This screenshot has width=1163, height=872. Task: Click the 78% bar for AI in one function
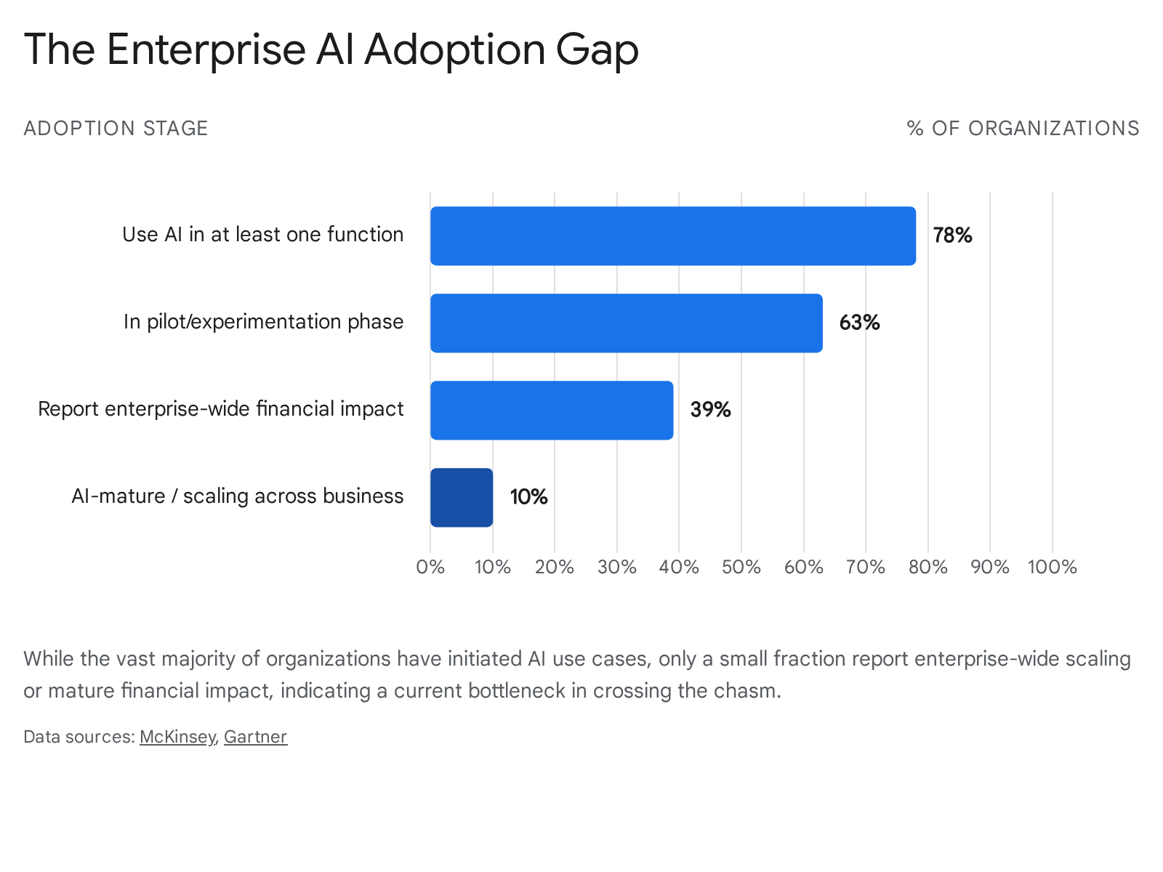click(x=673, y=235)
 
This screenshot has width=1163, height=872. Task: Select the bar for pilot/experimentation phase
click(x=627, y=323)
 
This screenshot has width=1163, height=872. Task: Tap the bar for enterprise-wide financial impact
click(x=552, y=411)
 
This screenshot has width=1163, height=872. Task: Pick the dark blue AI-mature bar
click(x=462, y=498)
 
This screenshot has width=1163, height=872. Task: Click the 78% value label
click(x=952, y=235)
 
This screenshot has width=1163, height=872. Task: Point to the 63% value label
click(x=859, y=323)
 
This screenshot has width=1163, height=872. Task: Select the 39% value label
click(x=710, y=410)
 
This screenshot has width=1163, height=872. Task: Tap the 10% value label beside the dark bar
click(x=528, y=497)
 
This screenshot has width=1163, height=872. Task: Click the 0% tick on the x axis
click(x=430, y=568)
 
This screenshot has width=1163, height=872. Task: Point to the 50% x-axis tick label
click(x=741, y=568)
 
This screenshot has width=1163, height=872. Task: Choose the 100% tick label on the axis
click(x=1053, y=568)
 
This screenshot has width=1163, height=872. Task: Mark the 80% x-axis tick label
click(x=927, y=568)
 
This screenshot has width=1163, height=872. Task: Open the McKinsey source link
click(x=177, y=737)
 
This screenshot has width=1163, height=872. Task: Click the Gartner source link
click(x=255, y=737)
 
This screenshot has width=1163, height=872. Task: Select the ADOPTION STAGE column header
click(x=116, y=129)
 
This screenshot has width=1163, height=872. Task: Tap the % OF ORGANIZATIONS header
click(x=1023, y=129)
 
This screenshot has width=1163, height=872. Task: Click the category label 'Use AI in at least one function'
click(x=263, y=235)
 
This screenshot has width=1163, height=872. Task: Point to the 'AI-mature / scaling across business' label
click(x=238, y=496)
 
